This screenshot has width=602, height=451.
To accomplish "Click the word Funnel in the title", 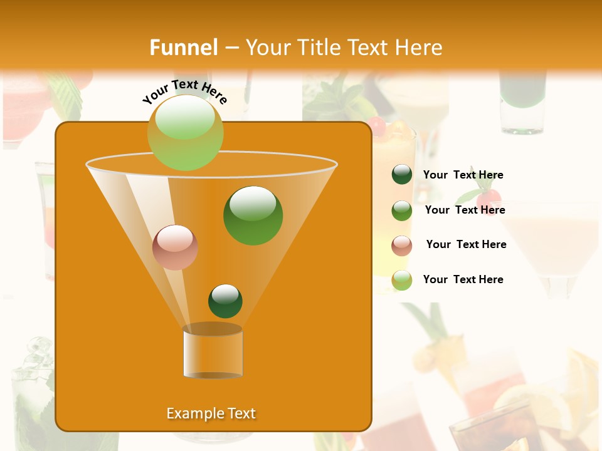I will [183, 48].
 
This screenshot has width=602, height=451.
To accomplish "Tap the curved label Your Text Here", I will [185, 91].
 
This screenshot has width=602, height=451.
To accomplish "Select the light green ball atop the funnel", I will [185, 132].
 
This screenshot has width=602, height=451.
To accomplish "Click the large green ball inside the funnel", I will [253, 215].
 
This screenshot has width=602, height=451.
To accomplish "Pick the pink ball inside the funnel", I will [175, 247].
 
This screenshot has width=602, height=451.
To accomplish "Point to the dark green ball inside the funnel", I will [225, 301].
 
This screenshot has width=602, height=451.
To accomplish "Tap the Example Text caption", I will [211, 413].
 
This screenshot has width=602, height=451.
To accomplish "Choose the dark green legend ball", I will [402, 175].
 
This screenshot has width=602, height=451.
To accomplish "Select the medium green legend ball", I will [402, 210].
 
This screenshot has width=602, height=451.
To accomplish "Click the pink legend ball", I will [402, 246].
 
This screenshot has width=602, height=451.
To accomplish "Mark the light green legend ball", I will [402, 280].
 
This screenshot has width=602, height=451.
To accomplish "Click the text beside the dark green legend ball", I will [463, 175].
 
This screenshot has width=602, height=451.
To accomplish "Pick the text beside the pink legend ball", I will [466, 244].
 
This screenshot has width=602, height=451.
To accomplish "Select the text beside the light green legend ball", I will [463, 279].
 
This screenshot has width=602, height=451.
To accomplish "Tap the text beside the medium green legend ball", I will [465, 210].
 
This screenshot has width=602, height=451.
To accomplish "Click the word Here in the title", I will [419, 48].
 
